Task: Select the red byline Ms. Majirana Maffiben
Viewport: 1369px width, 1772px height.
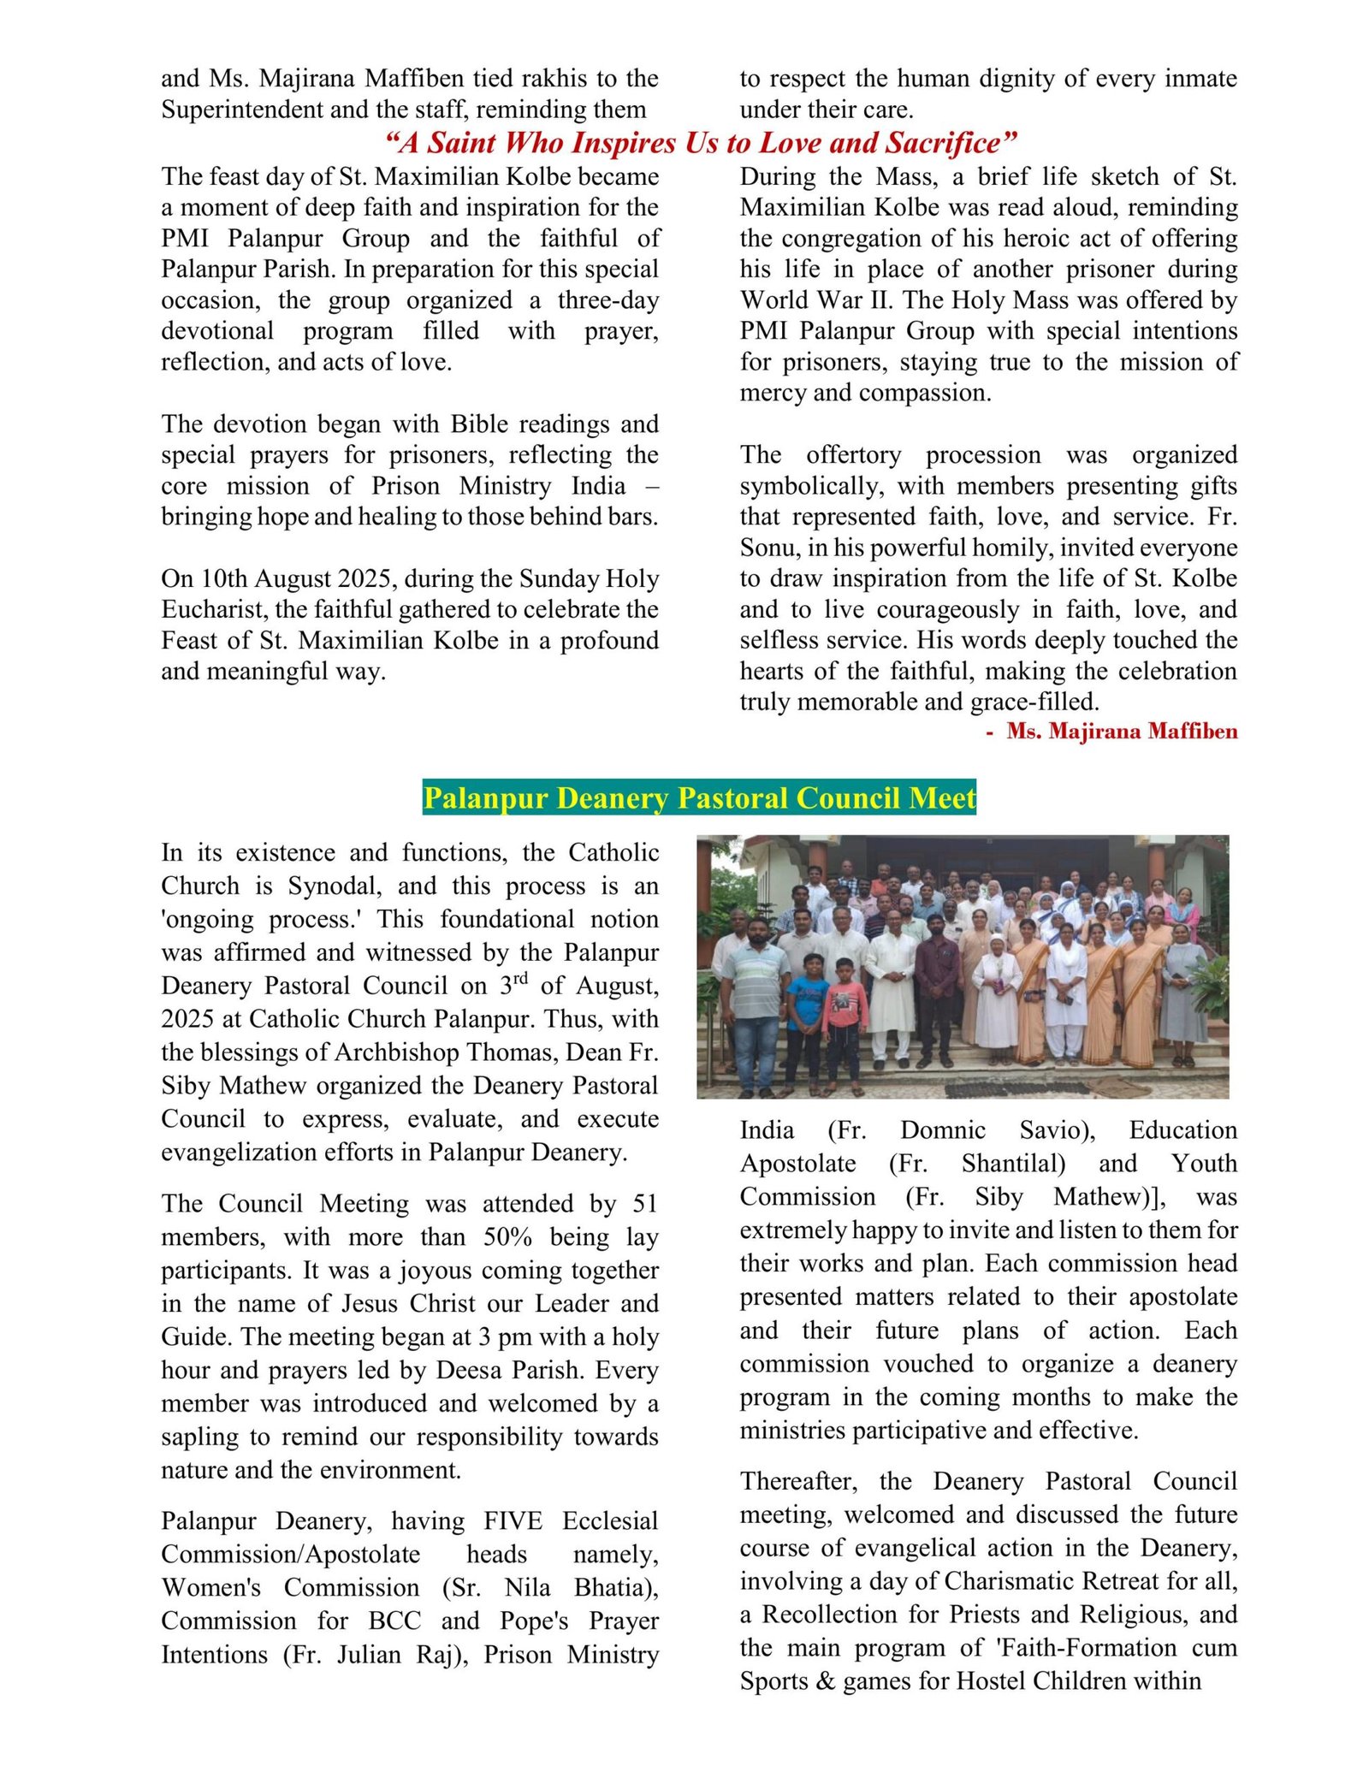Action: click(1121, 732)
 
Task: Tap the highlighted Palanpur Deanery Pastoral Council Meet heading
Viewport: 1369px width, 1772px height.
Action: click(699, 797)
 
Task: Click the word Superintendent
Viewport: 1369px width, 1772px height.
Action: click(236, 110)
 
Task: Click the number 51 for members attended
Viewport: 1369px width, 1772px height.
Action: click(644, 1203)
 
